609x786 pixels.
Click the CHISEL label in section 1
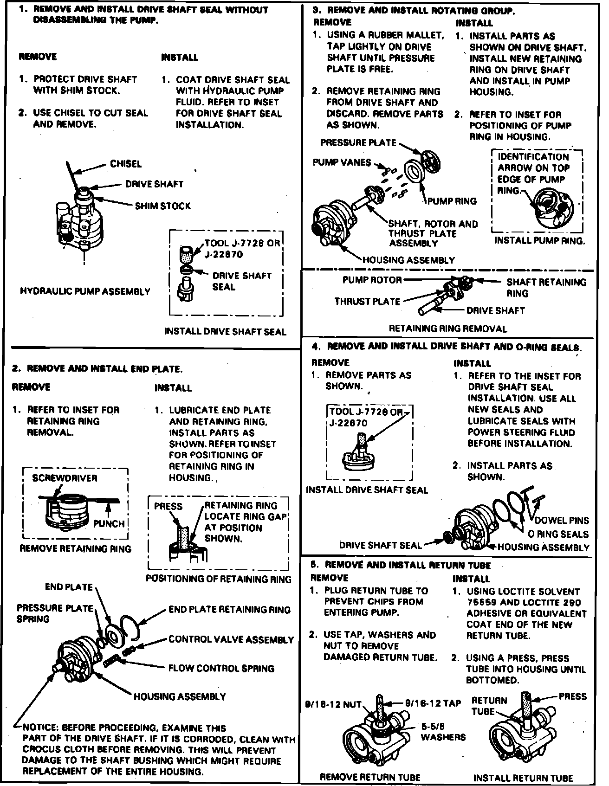tap(126, 164)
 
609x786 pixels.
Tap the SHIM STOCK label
tap(162, 206)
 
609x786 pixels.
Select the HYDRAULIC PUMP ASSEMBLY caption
tap(85, 292)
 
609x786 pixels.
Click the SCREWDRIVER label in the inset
tap(65, 478)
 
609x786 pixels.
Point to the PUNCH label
tap(109, 524)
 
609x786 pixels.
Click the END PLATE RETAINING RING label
tap(229, 610)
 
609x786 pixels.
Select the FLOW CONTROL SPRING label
tap(221, 669)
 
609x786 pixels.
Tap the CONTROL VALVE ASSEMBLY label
tap(231, 639)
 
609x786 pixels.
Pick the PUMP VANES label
tap(342, 162)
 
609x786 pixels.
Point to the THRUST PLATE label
tap(367, 302)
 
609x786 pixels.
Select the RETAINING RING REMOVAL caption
tap(447, 329)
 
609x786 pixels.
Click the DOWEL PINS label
tap(562, 521)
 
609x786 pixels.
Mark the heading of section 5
tap(401, 565)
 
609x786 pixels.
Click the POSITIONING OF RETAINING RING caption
tap(219, 579)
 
